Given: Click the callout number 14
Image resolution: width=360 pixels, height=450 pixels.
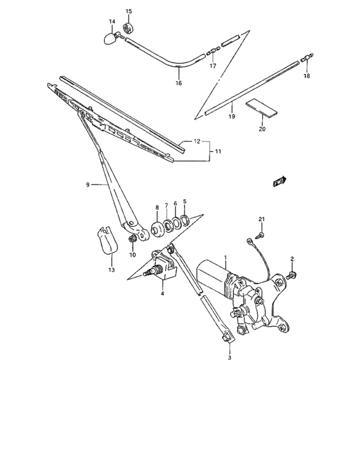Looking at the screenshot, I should click(x=111, y=22).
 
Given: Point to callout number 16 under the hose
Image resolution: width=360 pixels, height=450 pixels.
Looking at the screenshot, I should click(x=179, y=84).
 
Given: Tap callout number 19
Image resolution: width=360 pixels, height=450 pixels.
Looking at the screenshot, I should click(x=232, y=116).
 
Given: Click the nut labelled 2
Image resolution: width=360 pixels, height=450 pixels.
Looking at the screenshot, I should click(x=291, y=276).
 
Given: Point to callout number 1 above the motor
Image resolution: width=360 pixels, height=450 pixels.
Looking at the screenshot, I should click(x=226, y=258).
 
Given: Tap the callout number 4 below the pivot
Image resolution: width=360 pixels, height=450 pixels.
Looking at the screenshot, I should click(x=163, y=294).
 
